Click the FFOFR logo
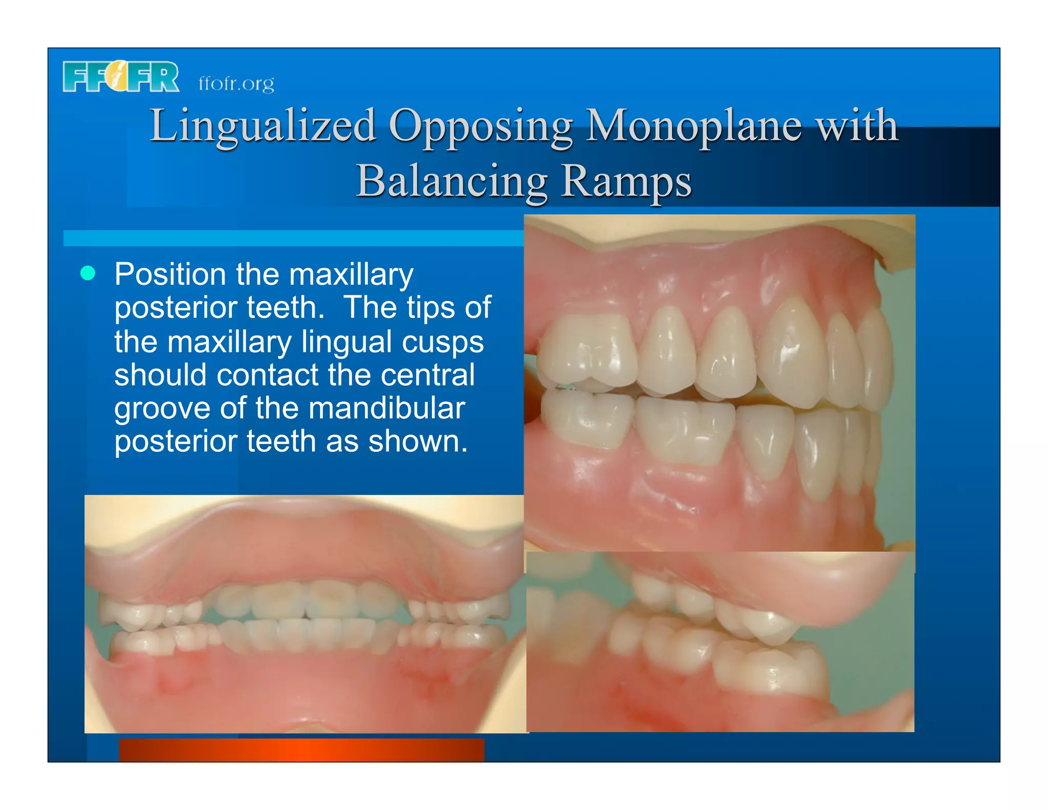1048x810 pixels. (x=121, y=77)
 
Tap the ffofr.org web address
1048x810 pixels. (x=236, y=83)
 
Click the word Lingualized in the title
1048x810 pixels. (x=263, y=126)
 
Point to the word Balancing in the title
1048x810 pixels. (x=452, y=181)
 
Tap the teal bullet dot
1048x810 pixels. (x=88, y=273)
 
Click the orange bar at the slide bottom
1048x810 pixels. (x=301, y=750)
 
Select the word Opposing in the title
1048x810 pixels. (x=481, y=127)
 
